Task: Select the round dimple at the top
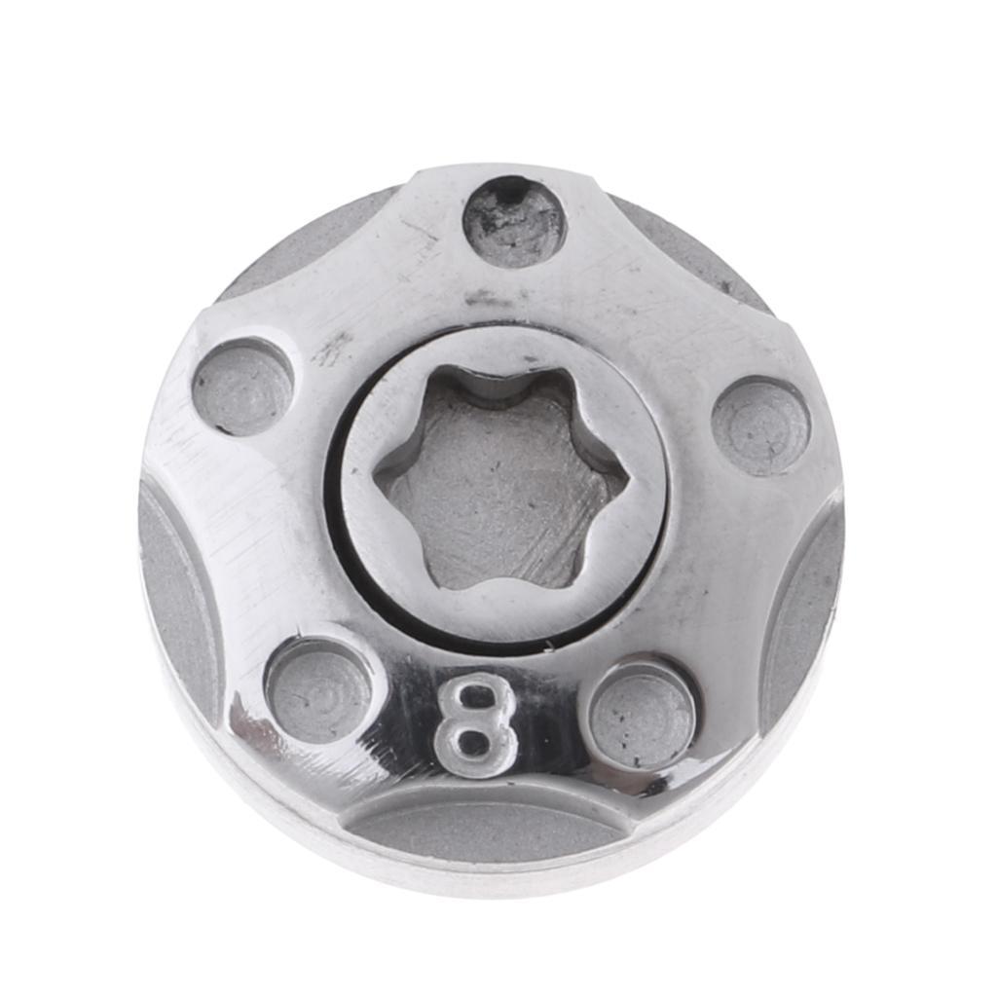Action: click(514, 222)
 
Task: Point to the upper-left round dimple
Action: click(242, 387)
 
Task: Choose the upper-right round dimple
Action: click(760, 425)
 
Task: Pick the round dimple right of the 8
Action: click(643, 716)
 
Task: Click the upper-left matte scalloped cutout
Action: click(302, 243)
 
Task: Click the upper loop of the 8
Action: click(476, 700)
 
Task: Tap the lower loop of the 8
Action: click(473, 746)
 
